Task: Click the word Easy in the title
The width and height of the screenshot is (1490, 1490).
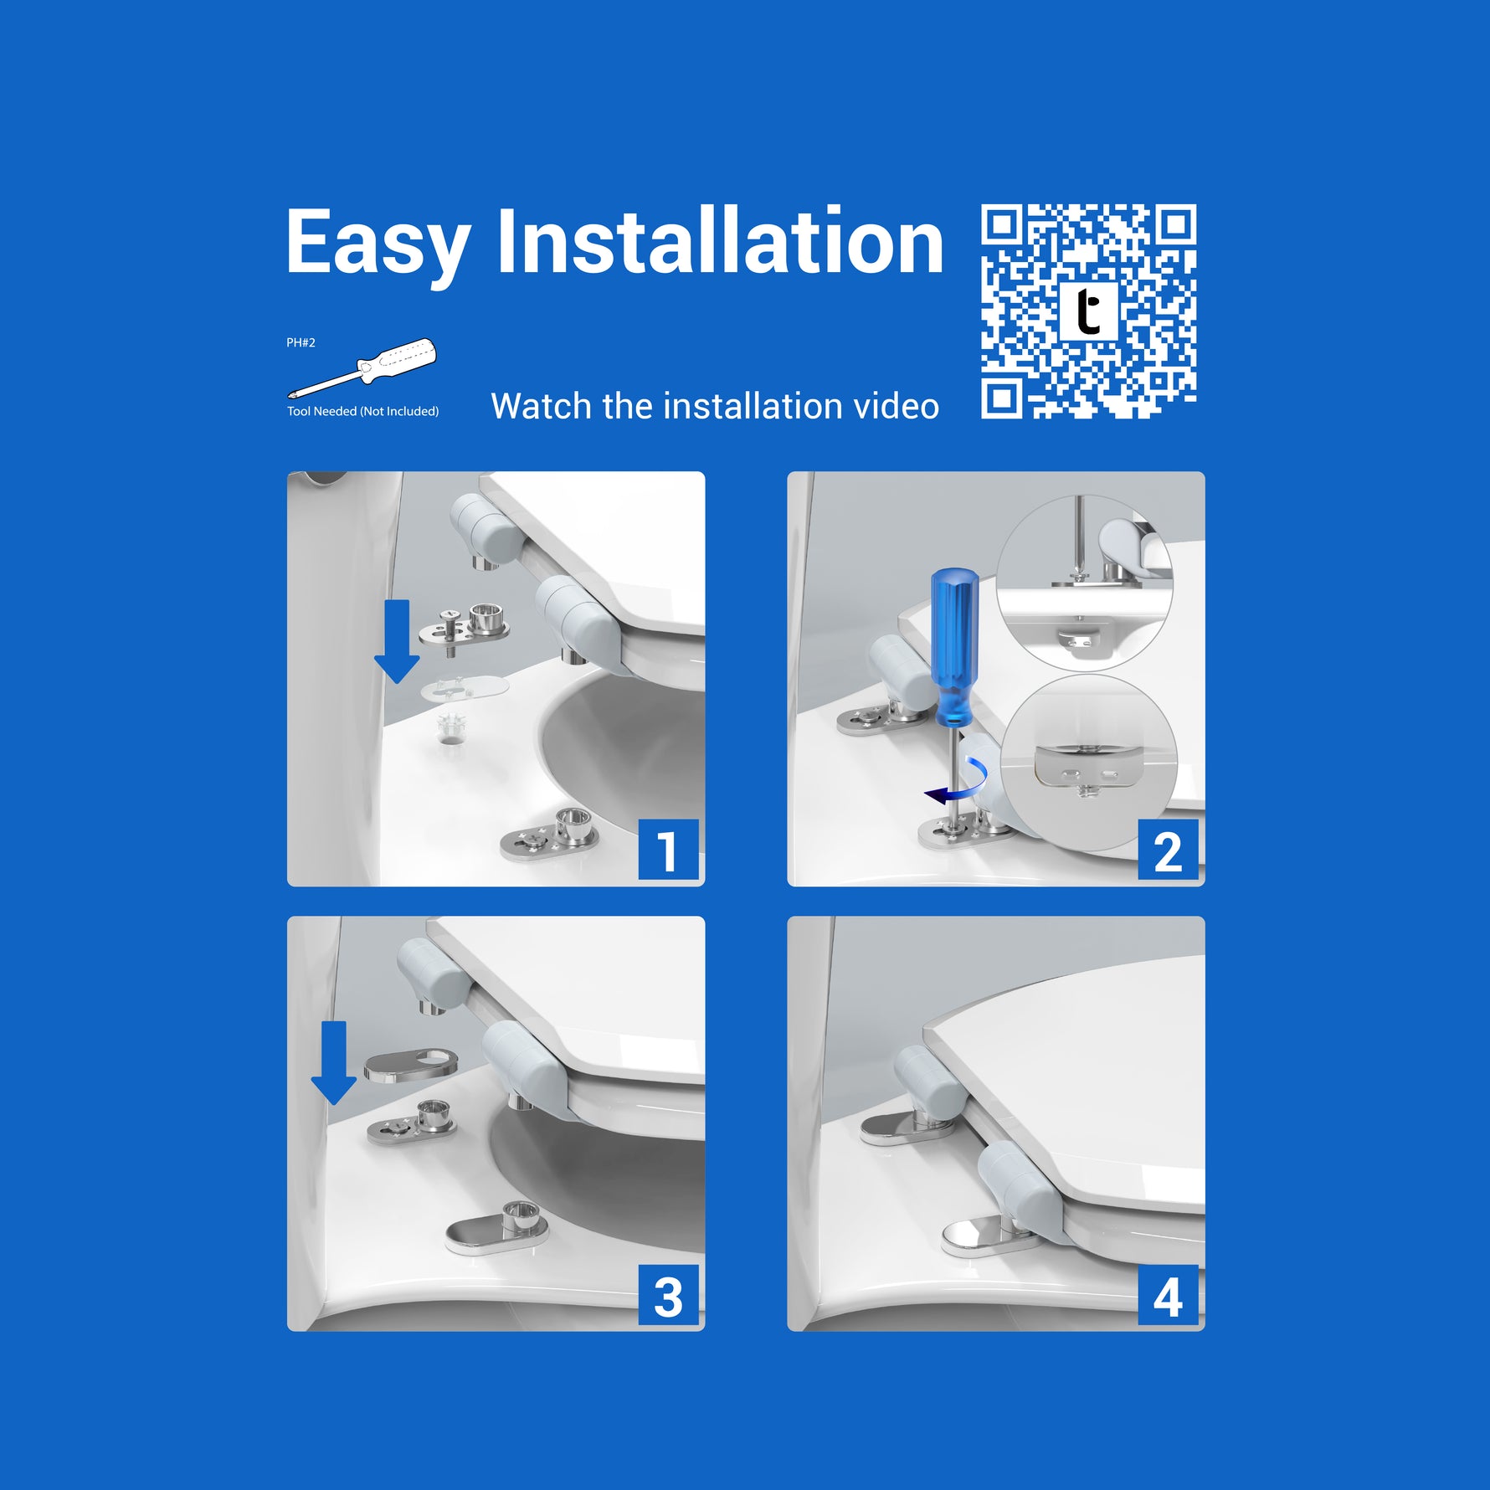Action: pyautogui.click(x=378, y=244)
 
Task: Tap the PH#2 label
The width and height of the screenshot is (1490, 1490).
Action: pyautogui.click(x=301, y=342)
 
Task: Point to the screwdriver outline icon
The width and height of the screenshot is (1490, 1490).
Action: pyautogui.click(x=362, y=367)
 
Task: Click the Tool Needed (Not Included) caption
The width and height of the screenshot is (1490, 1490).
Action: pyautogui.click(x=362, y=411)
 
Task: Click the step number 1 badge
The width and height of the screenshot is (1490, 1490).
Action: pyautogui.click(x=668, y=850)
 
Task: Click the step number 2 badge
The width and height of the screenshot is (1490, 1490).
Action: pyautogui.click(x=1168, y=850)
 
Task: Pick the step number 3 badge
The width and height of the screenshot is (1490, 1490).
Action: pyautogui.click(x=668, y=1295)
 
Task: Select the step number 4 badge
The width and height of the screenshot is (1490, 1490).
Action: pyautogui.click(x=1168, y=1295)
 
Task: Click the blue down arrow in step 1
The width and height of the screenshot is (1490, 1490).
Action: pyautogui.click(x=397, y=641)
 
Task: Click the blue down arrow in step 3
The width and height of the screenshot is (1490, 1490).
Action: pyautogui.click(x=334, y=1062)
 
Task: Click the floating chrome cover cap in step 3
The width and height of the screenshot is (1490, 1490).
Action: pyautogui.click(x=411, y=1066)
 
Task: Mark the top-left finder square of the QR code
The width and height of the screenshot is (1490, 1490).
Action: pyautogui.click(x=1003, y=225)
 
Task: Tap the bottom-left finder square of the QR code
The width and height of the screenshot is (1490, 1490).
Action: pyautogui.click(x=1003, y=398)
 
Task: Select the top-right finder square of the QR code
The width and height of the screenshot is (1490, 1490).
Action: pyautogui.click(x=1175, y=225)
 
